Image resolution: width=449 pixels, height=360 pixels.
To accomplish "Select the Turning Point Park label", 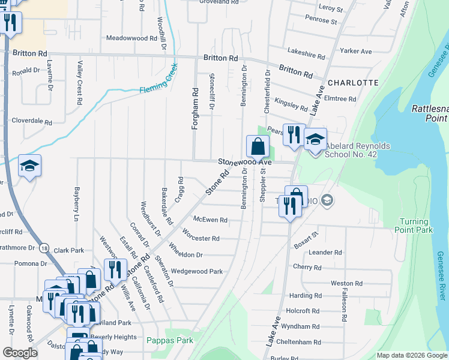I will [414, 226].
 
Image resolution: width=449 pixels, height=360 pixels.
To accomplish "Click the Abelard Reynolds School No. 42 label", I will [358, 149].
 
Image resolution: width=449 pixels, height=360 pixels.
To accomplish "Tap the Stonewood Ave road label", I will [245, 162].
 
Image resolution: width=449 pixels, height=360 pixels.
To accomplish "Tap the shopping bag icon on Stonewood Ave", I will [258, 146].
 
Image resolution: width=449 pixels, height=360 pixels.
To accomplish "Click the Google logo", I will [20, 353].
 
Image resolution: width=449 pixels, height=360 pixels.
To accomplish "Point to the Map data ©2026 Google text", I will [412, 355].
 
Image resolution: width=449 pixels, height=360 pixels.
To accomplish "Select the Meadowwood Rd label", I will [131, 38].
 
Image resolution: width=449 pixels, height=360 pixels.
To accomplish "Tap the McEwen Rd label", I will [210, 220].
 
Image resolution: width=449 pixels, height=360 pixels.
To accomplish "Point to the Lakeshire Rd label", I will [306, 53].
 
